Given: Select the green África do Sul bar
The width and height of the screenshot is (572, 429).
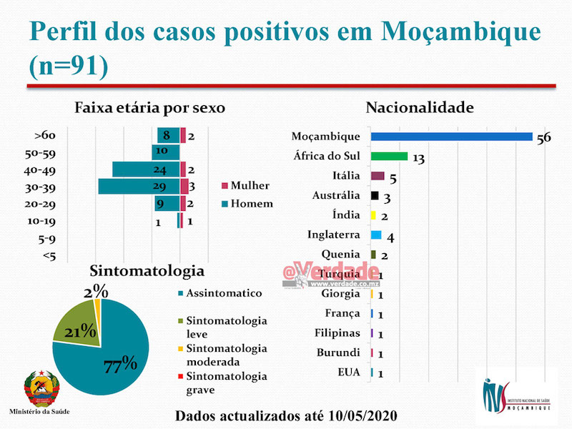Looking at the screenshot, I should [390, 156].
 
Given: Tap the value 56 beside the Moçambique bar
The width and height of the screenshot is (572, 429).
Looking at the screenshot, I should [543, 138].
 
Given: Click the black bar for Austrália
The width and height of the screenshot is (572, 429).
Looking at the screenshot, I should [375, 195].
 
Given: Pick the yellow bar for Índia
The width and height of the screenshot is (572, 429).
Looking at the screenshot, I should [373, 215].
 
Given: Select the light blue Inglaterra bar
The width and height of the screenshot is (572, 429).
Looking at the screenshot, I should [376, 235].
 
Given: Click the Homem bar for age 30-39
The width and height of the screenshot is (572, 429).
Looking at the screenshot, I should [139, 187].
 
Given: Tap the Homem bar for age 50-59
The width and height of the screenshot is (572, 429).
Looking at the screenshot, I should [165, 152].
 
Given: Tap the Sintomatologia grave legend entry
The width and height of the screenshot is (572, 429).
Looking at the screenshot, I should [222, 383].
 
